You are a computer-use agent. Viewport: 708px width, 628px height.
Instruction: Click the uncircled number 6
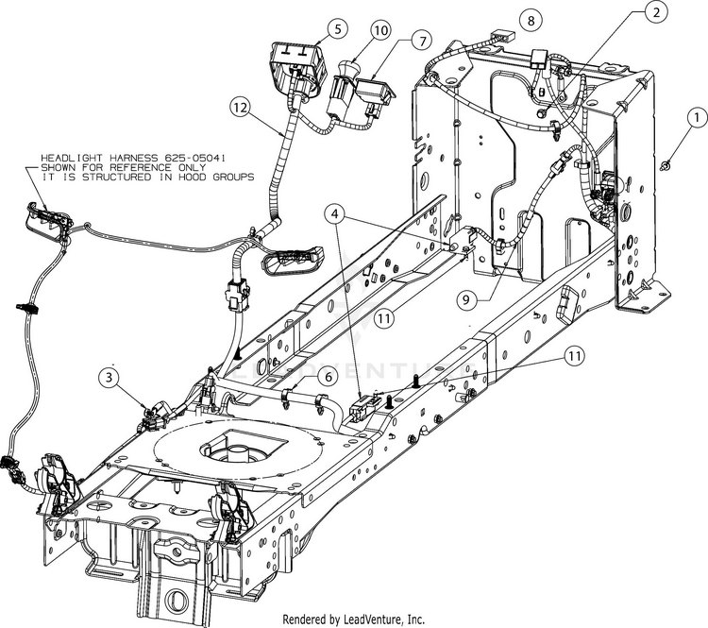coord(327,375)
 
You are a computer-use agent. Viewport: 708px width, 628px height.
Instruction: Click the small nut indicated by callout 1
coord(667,166)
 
